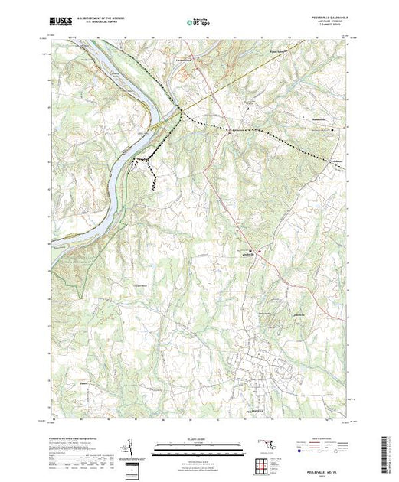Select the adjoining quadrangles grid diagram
click(262, 464)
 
